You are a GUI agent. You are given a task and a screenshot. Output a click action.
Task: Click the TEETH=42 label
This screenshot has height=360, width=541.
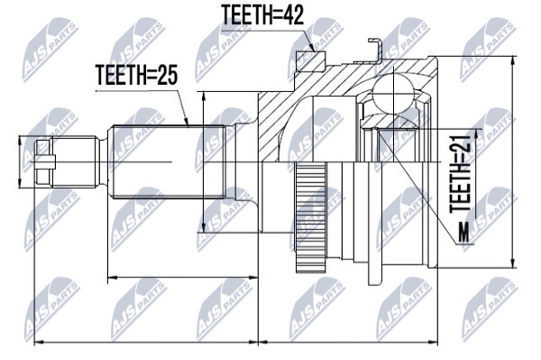tap(262, 15)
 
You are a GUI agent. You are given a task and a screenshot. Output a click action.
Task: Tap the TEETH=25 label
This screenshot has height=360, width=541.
tap(137, 75)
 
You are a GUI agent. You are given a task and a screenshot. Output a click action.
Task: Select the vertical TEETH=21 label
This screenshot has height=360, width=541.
tap(461, 173)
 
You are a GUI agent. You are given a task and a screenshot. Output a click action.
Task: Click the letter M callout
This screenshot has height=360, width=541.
tap(464, 233)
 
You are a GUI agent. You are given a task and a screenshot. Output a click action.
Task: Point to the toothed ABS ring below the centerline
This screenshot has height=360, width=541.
tap(311, 217)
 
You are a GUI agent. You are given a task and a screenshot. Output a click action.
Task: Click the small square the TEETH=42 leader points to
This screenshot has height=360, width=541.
tap(311, 61)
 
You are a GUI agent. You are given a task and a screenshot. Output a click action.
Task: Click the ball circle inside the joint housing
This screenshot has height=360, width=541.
tap(394, 93)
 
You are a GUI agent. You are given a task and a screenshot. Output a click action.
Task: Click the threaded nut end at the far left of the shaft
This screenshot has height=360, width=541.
tap(45, 162)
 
